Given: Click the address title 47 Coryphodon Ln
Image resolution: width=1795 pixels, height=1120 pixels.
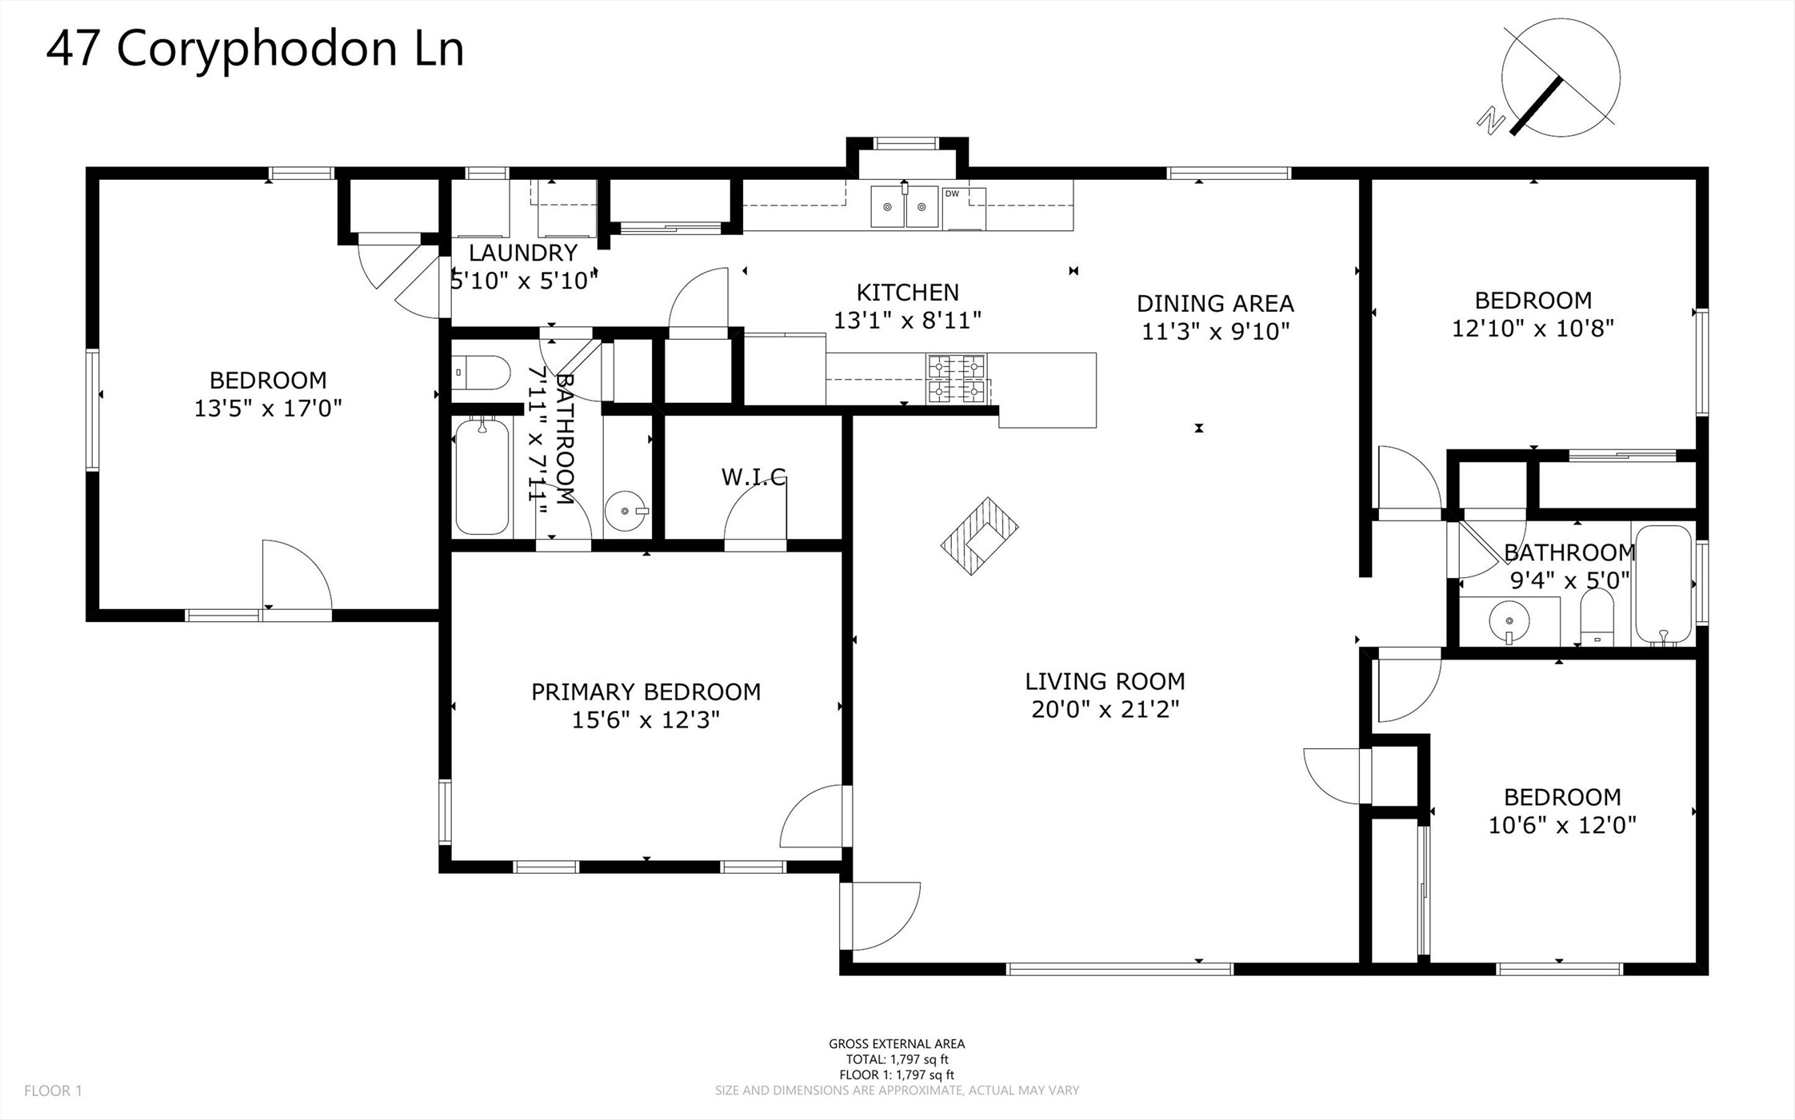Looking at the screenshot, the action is (x=255, y=50).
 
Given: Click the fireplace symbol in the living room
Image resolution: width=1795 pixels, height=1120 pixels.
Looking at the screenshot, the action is (x=979, y=536).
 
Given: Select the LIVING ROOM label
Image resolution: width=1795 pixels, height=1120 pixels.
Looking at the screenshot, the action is (x=1105, y=681).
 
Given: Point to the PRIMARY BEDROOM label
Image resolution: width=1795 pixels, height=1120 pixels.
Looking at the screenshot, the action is (x=646, y=692).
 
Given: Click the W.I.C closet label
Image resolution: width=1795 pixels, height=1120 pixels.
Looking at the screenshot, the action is (x=754, y=477).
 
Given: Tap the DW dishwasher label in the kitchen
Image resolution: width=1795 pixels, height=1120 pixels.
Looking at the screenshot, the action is (x=952, y=193).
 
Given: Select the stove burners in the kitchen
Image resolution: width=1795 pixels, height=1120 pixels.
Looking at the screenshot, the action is (x=956, y=378).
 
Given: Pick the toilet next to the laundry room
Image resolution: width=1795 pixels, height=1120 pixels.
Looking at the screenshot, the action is (x=480, y=373).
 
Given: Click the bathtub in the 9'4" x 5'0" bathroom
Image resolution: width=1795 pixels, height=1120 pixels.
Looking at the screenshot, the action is (x=1663, y=584).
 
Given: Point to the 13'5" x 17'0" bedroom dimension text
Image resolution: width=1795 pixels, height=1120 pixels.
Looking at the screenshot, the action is (x=268, y=409).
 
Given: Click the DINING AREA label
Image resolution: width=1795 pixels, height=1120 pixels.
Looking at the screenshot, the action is (x=1215, y=303).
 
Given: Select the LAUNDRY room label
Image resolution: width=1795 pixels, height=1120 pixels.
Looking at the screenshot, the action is (x=523, y=253).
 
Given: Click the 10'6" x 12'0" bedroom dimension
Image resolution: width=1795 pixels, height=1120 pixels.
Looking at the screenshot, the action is (x=1562, y=824).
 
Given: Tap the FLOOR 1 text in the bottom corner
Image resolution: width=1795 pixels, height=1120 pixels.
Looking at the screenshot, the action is (x=53, y=1090).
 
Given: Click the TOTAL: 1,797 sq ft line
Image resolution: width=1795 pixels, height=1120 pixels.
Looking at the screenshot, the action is (x=897, y=1059).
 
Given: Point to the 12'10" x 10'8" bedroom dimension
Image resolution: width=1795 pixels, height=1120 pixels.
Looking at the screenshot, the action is (x=1533, y=329).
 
